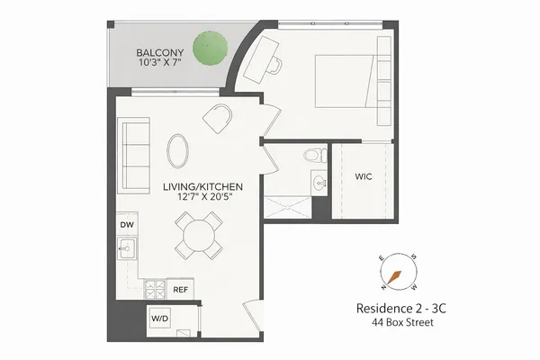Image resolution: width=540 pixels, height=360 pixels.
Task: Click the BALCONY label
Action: click(x=162, y=52)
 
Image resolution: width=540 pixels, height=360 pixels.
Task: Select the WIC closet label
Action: click(x=364, y=176)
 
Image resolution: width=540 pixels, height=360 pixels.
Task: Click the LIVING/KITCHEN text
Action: click(x=202, y=186)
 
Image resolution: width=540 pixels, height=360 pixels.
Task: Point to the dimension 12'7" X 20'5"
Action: click(x=202, y=199)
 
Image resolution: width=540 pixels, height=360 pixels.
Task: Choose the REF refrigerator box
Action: click(x=181, y=290)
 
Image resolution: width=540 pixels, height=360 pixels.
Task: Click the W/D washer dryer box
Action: click(x=160, y=319)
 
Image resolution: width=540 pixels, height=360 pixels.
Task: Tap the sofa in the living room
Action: click(x=136, y=154)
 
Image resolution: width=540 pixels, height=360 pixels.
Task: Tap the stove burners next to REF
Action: click(x=155, y=290)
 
